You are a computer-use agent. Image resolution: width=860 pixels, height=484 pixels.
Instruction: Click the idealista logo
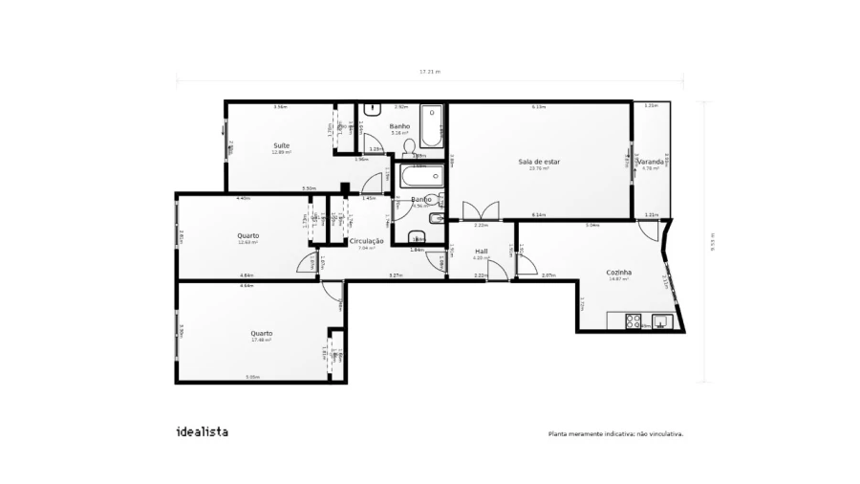coord(202,431)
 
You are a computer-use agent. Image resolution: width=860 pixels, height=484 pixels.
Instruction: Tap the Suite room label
coord(281,145)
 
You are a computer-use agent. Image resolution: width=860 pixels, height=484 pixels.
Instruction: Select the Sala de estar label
coord(539,162)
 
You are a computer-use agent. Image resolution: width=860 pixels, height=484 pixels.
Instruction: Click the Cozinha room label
coord(618,272)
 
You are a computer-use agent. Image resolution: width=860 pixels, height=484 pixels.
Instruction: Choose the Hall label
coord(481,252)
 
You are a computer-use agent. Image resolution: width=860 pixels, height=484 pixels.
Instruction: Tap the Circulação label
coord(366,241)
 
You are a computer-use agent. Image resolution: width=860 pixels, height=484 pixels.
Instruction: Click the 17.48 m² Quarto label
coord(261,334)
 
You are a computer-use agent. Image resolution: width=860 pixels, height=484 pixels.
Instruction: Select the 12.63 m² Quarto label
coord(247,235)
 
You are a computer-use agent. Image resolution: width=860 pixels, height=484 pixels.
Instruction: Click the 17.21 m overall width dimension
coord(430,72)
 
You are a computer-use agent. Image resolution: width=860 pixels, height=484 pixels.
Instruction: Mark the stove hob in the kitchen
coord(631,321)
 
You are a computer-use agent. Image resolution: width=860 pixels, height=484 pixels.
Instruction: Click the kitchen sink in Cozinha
coord(660,321)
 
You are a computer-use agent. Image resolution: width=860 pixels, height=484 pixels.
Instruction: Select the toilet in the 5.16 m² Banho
coord(410,145)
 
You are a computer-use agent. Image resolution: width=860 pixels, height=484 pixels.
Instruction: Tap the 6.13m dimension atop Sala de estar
coord(539,107)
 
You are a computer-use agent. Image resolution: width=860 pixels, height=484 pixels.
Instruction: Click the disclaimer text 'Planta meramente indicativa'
coord(615,433)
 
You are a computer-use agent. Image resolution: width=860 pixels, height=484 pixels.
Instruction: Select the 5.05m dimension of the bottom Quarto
coord(252,377)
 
